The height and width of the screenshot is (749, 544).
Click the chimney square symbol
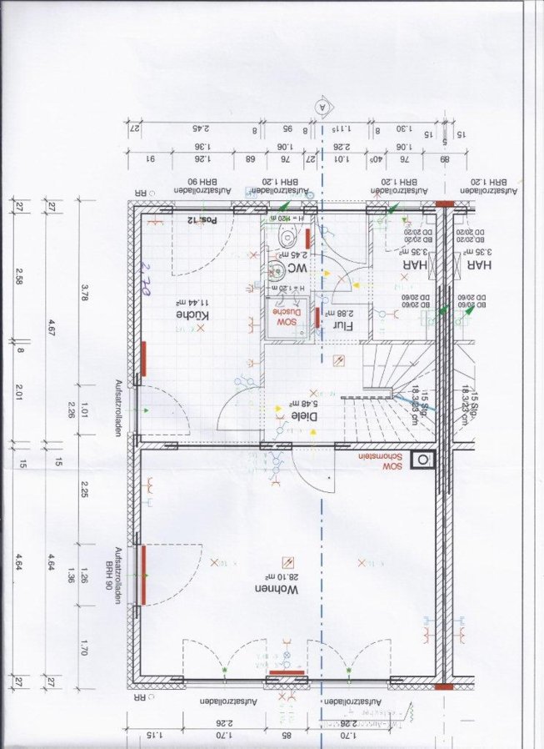pyautogui.click(x=426, y=459)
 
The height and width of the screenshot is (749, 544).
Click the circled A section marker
pyautogui.click(x=322, y=106)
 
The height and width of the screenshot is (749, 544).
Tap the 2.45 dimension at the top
pyautogui.click(x=200, y=129)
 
